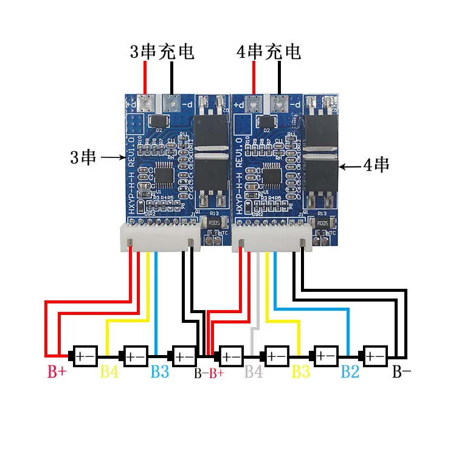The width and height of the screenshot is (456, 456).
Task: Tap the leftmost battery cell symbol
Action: pos(84,355)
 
